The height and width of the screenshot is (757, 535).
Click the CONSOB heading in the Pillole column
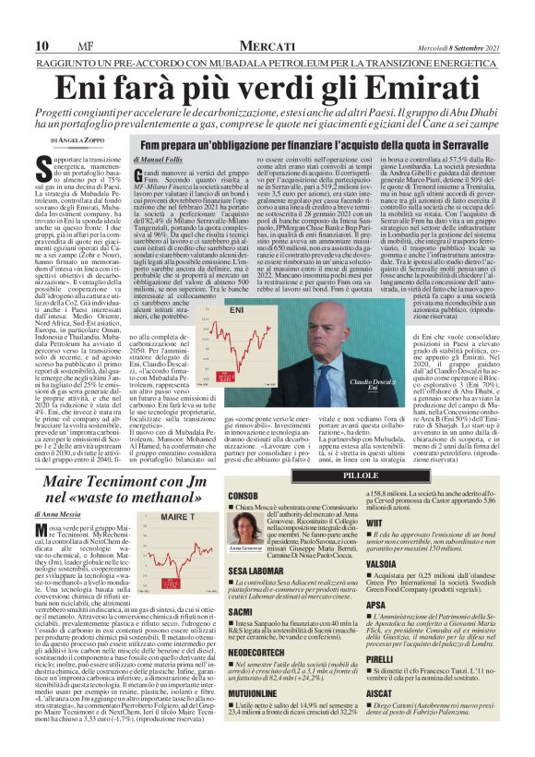pyautogui.click(x=242, y=496)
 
